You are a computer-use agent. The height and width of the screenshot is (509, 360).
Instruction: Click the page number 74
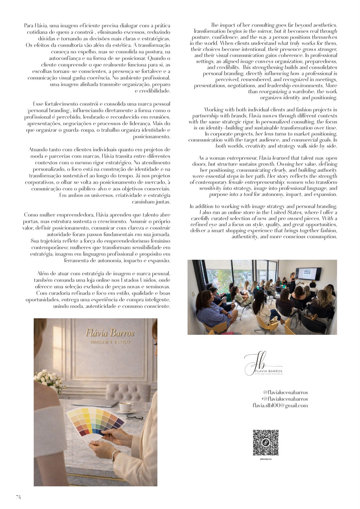(x=18, y=497)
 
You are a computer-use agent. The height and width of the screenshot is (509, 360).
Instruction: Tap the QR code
(x=266, y=443)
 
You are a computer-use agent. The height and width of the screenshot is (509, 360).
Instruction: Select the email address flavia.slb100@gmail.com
(x=280, y=406)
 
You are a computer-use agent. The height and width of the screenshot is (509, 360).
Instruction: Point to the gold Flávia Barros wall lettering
(x=110, y=333)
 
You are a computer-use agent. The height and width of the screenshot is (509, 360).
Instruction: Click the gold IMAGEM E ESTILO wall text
(x=110, y=342)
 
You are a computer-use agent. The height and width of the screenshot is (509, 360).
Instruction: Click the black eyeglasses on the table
(x=135, y=418)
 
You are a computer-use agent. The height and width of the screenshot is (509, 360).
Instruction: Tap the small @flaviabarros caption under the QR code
(x=266, y=459)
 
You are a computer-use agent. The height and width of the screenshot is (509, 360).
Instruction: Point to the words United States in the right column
(x=285, y=212)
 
